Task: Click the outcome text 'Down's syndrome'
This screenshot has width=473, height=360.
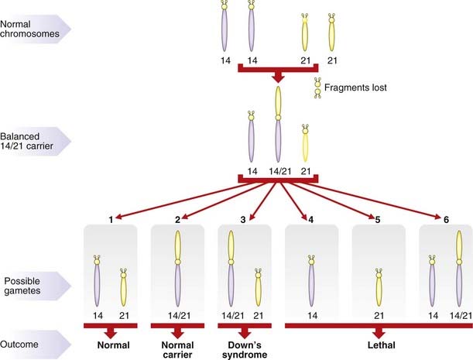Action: click(244, 348)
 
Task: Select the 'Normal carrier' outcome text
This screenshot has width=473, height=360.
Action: click(177, 348)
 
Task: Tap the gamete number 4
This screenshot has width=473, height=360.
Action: click(310, 221)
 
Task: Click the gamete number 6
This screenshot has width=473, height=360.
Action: click(445, 221)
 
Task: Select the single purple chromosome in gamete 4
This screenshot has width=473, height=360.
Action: click(310, 280)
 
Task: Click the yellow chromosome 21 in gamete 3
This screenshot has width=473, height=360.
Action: click(258, 288)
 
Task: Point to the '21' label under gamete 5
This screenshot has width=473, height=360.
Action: click(378, 316)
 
